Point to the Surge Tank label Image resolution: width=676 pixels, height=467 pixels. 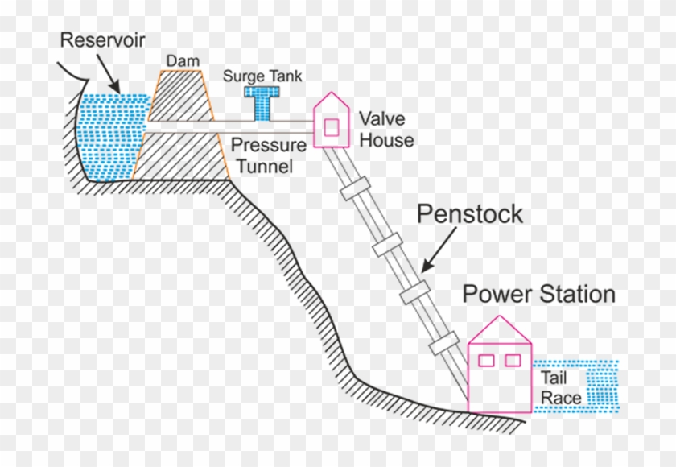[262, 76]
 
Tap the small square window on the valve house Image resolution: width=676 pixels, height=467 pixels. [331, 126]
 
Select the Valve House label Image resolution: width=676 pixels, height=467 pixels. [386, 130]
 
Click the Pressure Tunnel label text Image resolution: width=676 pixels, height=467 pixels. [269, 155]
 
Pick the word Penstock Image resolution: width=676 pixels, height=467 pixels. [469, 214]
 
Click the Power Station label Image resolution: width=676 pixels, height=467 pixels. [538, 294]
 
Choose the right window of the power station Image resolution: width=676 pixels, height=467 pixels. [513, 360]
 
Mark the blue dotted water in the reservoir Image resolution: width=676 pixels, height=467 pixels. [113, 137]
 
